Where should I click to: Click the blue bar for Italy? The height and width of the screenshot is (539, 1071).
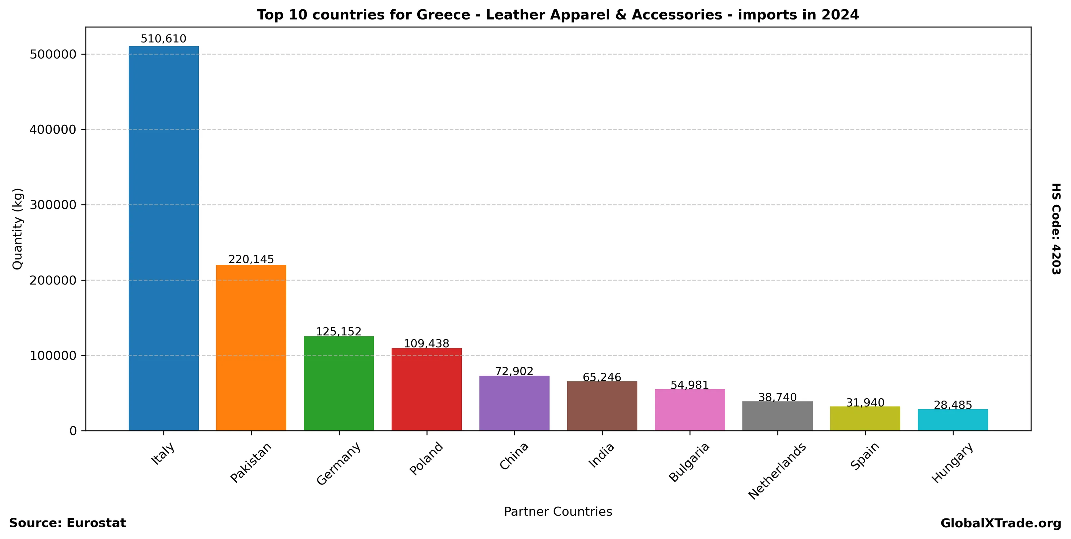click(164, 238)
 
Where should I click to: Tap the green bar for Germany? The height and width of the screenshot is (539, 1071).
click(339, 383)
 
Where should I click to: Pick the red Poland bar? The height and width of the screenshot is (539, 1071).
click(427, 389)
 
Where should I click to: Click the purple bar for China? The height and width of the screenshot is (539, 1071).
click(514, 403)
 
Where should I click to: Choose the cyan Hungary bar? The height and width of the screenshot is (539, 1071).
click(953, 420)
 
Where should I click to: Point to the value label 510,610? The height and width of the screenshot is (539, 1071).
click(164, 39)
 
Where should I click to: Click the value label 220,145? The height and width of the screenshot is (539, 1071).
click(251, 260)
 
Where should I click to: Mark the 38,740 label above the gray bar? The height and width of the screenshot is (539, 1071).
click(777, 398)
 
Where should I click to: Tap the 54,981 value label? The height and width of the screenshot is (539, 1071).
click(690, 385)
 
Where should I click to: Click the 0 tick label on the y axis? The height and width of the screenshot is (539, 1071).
click(73, 431)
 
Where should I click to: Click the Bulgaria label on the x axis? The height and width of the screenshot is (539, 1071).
click(689, 462)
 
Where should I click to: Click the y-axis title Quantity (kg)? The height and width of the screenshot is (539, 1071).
click(18, 229)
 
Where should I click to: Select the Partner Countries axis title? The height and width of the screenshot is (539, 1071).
click(558, 511)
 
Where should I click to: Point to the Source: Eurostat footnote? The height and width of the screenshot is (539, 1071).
click(67, 523)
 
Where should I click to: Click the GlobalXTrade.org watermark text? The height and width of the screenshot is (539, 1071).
click(1001, 523)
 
